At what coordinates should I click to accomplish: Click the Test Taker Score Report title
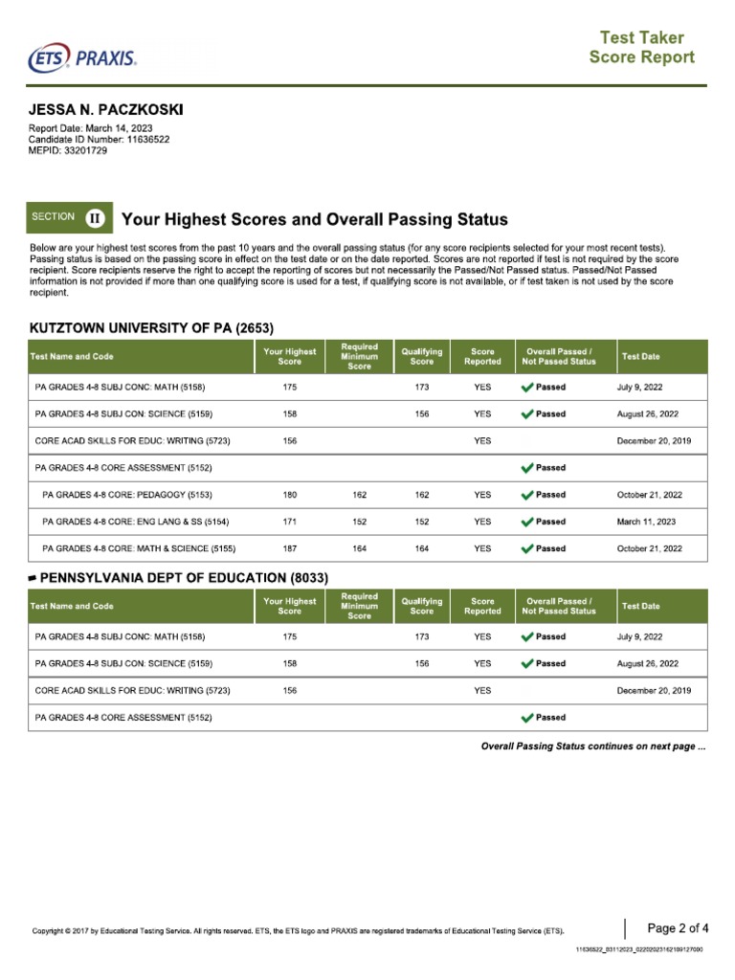pyautogui.click(x=641, y=48)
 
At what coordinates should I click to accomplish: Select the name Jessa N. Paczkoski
pyautogui.click(x=106, y=111)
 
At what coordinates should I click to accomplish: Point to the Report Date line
pyautogui.click(x=91, y=128)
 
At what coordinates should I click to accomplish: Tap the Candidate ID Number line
pyautogui.click(x=100, y=140)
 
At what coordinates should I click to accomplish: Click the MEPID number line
pyautogui.click(x=68, y=151)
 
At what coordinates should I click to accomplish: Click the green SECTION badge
pyautogui.click(x=54, y=217)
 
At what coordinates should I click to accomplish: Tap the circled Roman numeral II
pyautogui.click(x=96, y=218)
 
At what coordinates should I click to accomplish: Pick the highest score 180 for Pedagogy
pyautogui.click(x=290, y=495)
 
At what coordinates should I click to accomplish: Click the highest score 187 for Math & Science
pyautogui.click(x=290, y=548)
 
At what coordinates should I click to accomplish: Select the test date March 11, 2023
pyautogui.click(x=647, y=522)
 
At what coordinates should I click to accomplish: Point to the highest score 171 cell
pyautogui.click(x=290, y=522)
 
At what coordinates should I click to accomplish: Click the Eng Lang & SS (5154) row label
pyautogui.click(x=136, y=522)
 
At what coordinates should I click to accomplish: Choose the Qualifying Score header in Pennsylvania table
pyautogui.click(x=421, y=606)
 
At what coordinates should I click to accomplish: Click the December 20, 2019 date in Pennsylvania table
pyautogui.click(x=655, y=690)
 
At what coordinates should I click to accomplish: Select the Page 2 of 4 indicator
pyautogui.click(x=678, y=927)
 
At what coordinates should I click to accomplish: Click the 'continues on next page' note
pyautogui.click(x=592, y=746)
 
